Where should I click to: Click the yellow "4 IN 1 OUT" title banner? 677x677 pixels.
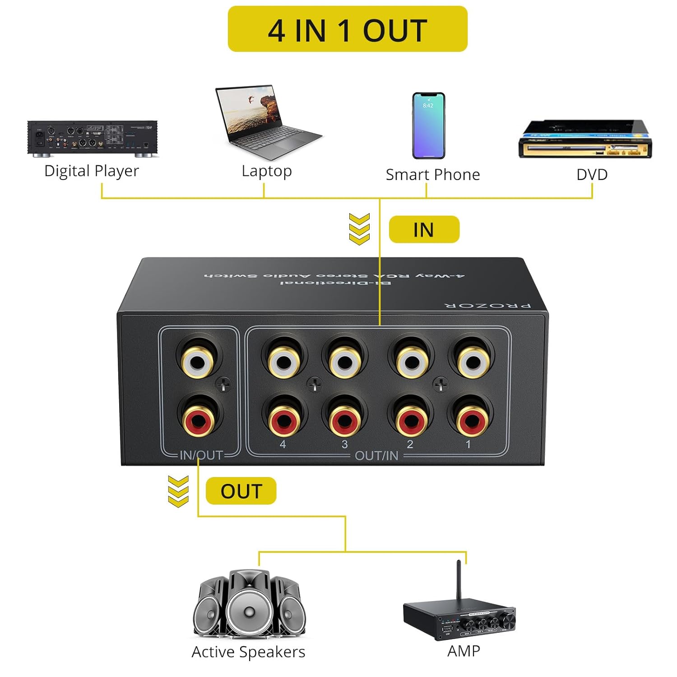(x=347, y=29)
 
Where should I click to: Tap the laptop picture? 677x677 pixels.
(x=266, y=122)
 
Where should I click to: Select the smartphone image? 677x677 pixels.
(x=428, y=125)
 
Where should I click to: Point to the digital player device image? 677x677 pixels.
(x=93, y=138)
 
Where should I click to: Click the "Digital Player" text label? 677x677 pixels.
(x=92, y=171)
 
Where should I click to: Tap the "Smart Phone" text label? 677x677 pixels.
(x=432, y=175)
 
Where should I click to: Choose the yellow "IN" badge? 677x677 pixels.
(x=424, y=230)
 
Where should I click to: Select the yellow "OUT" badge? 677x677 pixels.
(x=241, y=491)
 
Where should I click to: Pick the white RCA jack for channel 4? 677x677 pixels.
(x=283, y=361)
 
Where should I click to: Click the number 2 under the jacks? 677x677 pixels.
(x=410, y=444)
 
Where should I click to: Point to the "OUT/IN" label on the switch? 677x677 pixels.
(x=376, y=456)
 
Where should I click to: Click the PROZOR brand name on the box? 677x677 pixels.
(x=488, y=306)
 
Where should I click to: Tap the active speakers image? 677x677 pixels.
(x=249, y=605)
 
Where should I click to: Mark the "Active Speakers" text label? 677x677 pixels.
(x=248, y=652)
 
